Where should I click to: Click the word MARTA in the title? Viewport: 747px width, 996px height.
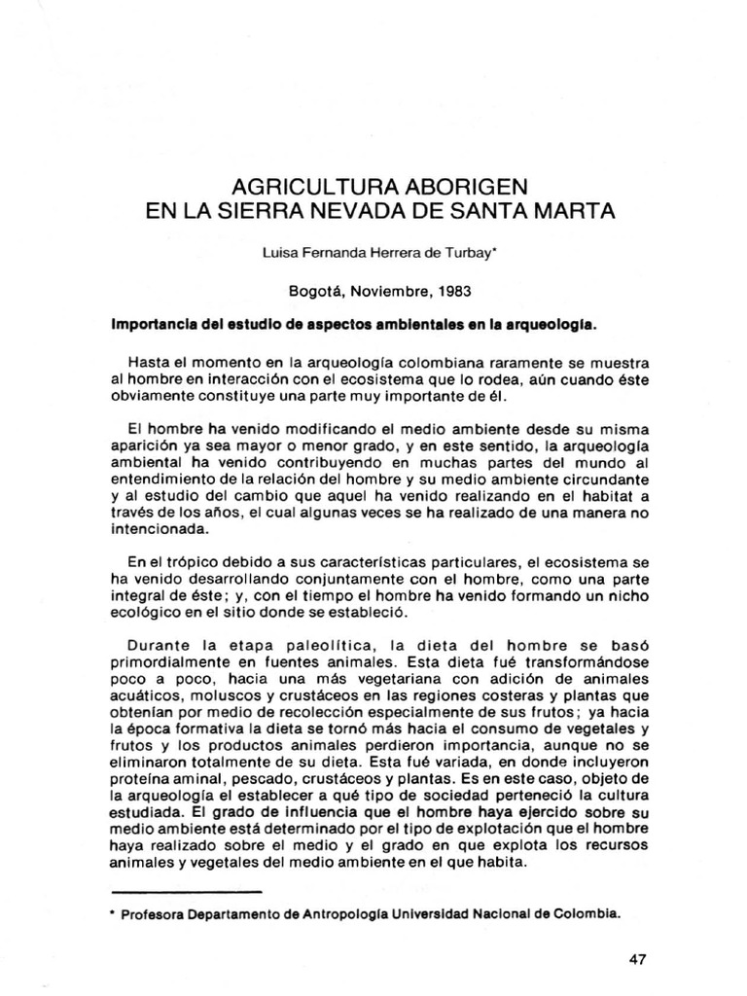pyautogui.click(x=566, y=210)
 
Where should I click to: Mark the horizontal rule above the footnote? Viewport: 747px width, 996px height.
pyautogui.click(x=188, y=890)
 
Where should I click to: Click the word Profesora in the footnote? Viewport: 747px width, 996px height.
pyautogui.click(x=159, y=915)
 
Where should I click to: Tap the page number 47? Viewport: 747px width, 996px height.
pyautogui.click(x=638, y=960)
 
